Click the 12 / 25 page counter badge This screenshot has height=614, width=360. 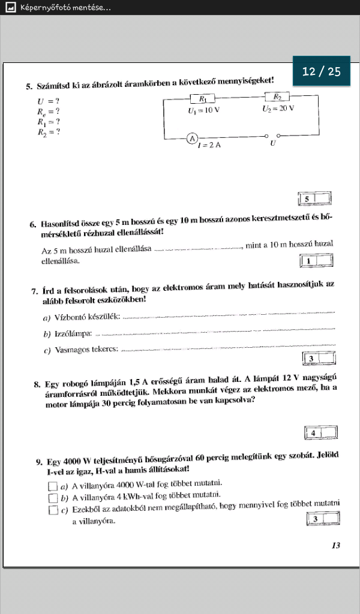pos(322,72)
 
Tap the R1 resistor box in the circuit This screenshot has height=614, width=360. pos(202,99)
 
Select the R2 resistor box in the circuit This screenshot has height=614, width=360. pos(278,97)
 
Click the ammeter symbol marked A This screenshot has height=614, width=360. pos(192,139)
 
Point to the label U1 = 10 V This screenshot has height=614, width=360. pos(203,110)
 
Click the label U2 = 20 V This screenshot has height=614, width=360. pos(278,109)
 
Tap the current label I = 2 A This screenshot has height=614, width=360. pos(209,146)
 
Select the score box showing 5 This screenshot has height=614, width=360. pos(314,198)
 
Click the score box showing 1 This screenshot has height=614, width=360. pos(316,261)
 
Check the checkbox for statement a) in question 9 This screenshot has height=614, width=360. pos(52,485)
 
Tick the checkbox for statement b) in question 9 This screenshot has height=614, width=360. pos(52,497)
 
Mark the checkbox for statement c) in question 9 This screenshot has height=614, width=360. pos(52,510)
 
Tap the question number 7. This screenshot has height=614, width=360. pos(34,291)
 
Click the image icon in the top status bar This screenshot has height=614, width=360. pos(9,8)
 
